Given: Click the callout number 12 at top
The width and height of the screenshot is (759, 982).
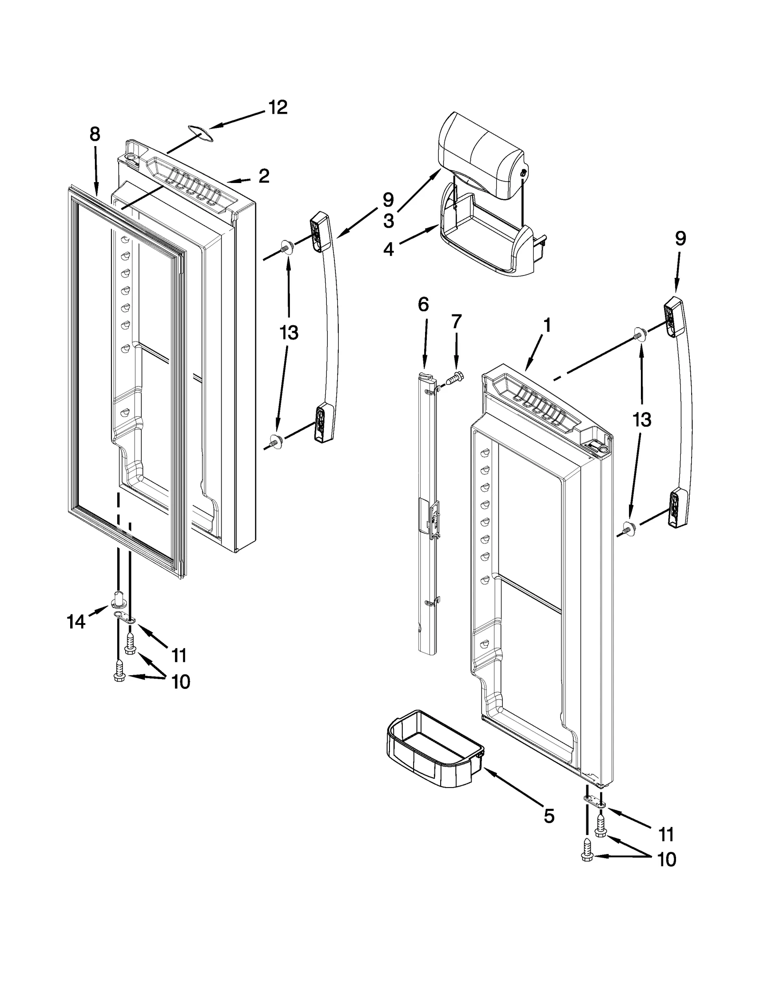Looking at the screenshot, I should point(278,108).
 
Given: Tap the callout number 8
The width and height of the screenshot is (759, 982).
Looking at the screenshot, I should point(95,135).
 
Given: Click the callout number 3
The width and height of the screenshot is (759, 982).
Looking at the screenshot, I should point(389,220).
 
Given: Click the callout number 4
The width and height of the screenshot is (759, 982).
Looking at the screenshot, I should point(389,249).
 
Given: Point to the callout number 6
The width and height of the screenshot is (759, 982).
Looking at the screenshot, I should point(423,303).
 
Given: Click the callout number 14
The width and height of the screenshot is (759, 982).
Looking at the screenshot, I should point(77,621).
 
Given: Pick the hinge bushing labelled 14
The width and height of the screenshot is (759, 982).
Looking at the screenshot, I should point(120,600).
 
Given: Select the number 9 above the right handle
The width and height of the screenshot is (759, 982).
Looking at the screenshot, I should point(680,239).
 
